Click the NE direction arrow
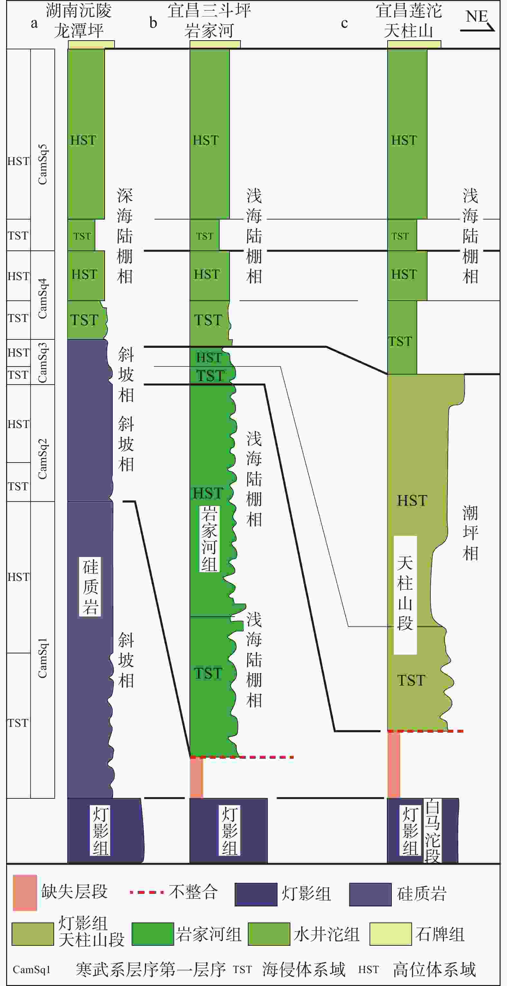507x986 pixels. tap(478, 28)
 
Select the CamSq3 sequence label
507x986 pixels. tap(42, 362)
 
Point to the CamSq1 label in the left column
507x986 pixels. tap(42, 658)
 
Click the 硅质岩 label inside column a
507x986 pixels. tap(90, 586)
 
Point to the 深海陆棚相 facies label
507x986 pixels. tap(125, 236)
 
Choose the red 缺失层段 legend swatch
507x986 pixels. tap(25, 893)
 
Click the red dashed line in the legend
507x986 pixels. tap(147, 892)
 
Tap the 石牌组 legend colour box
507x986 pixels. tap(390, 934)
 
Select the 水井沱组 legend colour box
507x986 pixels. tap(269, 934)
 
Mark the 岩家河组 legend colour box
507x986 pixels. tap(153, 934)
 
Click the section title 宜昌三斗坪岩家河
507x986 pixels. tap(209, 21)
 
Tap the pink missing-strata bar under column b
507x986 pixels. tap(197, 778)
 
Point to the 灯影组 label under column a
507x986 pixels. tap(100, 830)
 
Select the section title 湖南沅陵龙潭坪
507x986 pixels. tap(79, 21)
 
